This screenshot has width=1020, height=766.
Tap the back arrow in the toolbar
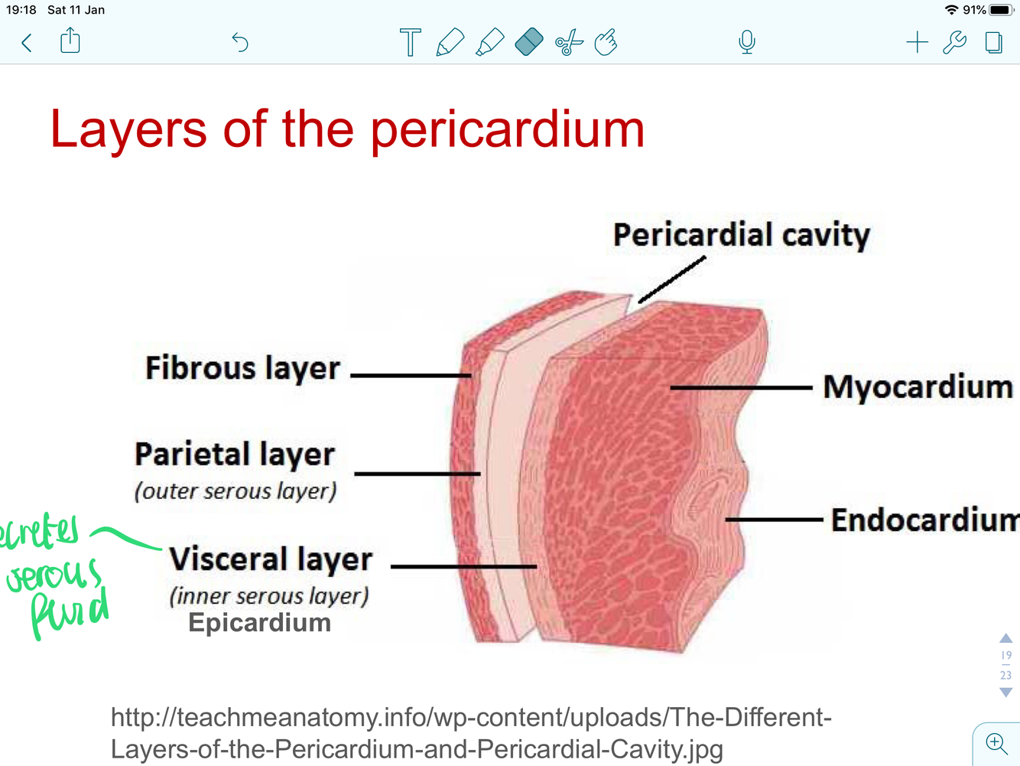click(x=27, y=43)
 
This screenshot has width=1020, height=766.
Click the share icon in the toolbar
click(x=70, y=41)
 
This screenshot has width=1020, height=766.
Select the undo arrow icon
click(x=240, y=42)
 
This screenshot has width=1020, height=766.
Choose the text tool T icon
click(x=411, y=42)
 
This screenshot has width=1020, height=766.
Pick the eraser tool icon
click(x=529, y=42)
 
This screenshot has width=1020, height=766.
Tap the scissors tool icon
click(x=569, y=43)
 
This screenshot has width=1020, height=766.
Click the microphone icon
click(x=747, y=42)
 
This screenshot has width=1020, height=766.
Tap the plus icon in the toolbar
click(x=917, y=42)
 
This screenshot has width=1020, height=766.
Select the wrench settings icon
click(x=954, y=42)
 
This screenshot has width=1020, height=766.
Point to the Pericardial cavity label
click(x=741, y=235)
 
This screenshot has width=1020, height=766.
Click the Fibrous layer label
click(x=242, y=368)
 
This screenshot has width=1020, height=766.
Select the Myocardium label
click(x=918, y=387)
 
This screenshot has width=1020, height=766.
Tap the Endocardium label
click(x=924, y=520)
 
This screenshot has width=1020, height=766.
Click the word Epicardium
click(x=259, y=623)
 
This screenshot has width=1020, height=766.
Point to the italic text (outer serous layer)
click(x=236, y=491)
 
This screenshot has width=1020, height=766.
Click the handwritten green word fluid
click(x=69, y=612)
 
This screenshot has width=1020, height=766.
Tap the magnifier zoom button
click(x=996, y=743)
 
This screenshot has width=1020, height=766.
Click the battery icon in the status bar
click(x=1000, y=10)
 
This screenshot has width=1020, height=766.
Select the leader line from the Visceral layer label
click(x=463, y=567)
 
